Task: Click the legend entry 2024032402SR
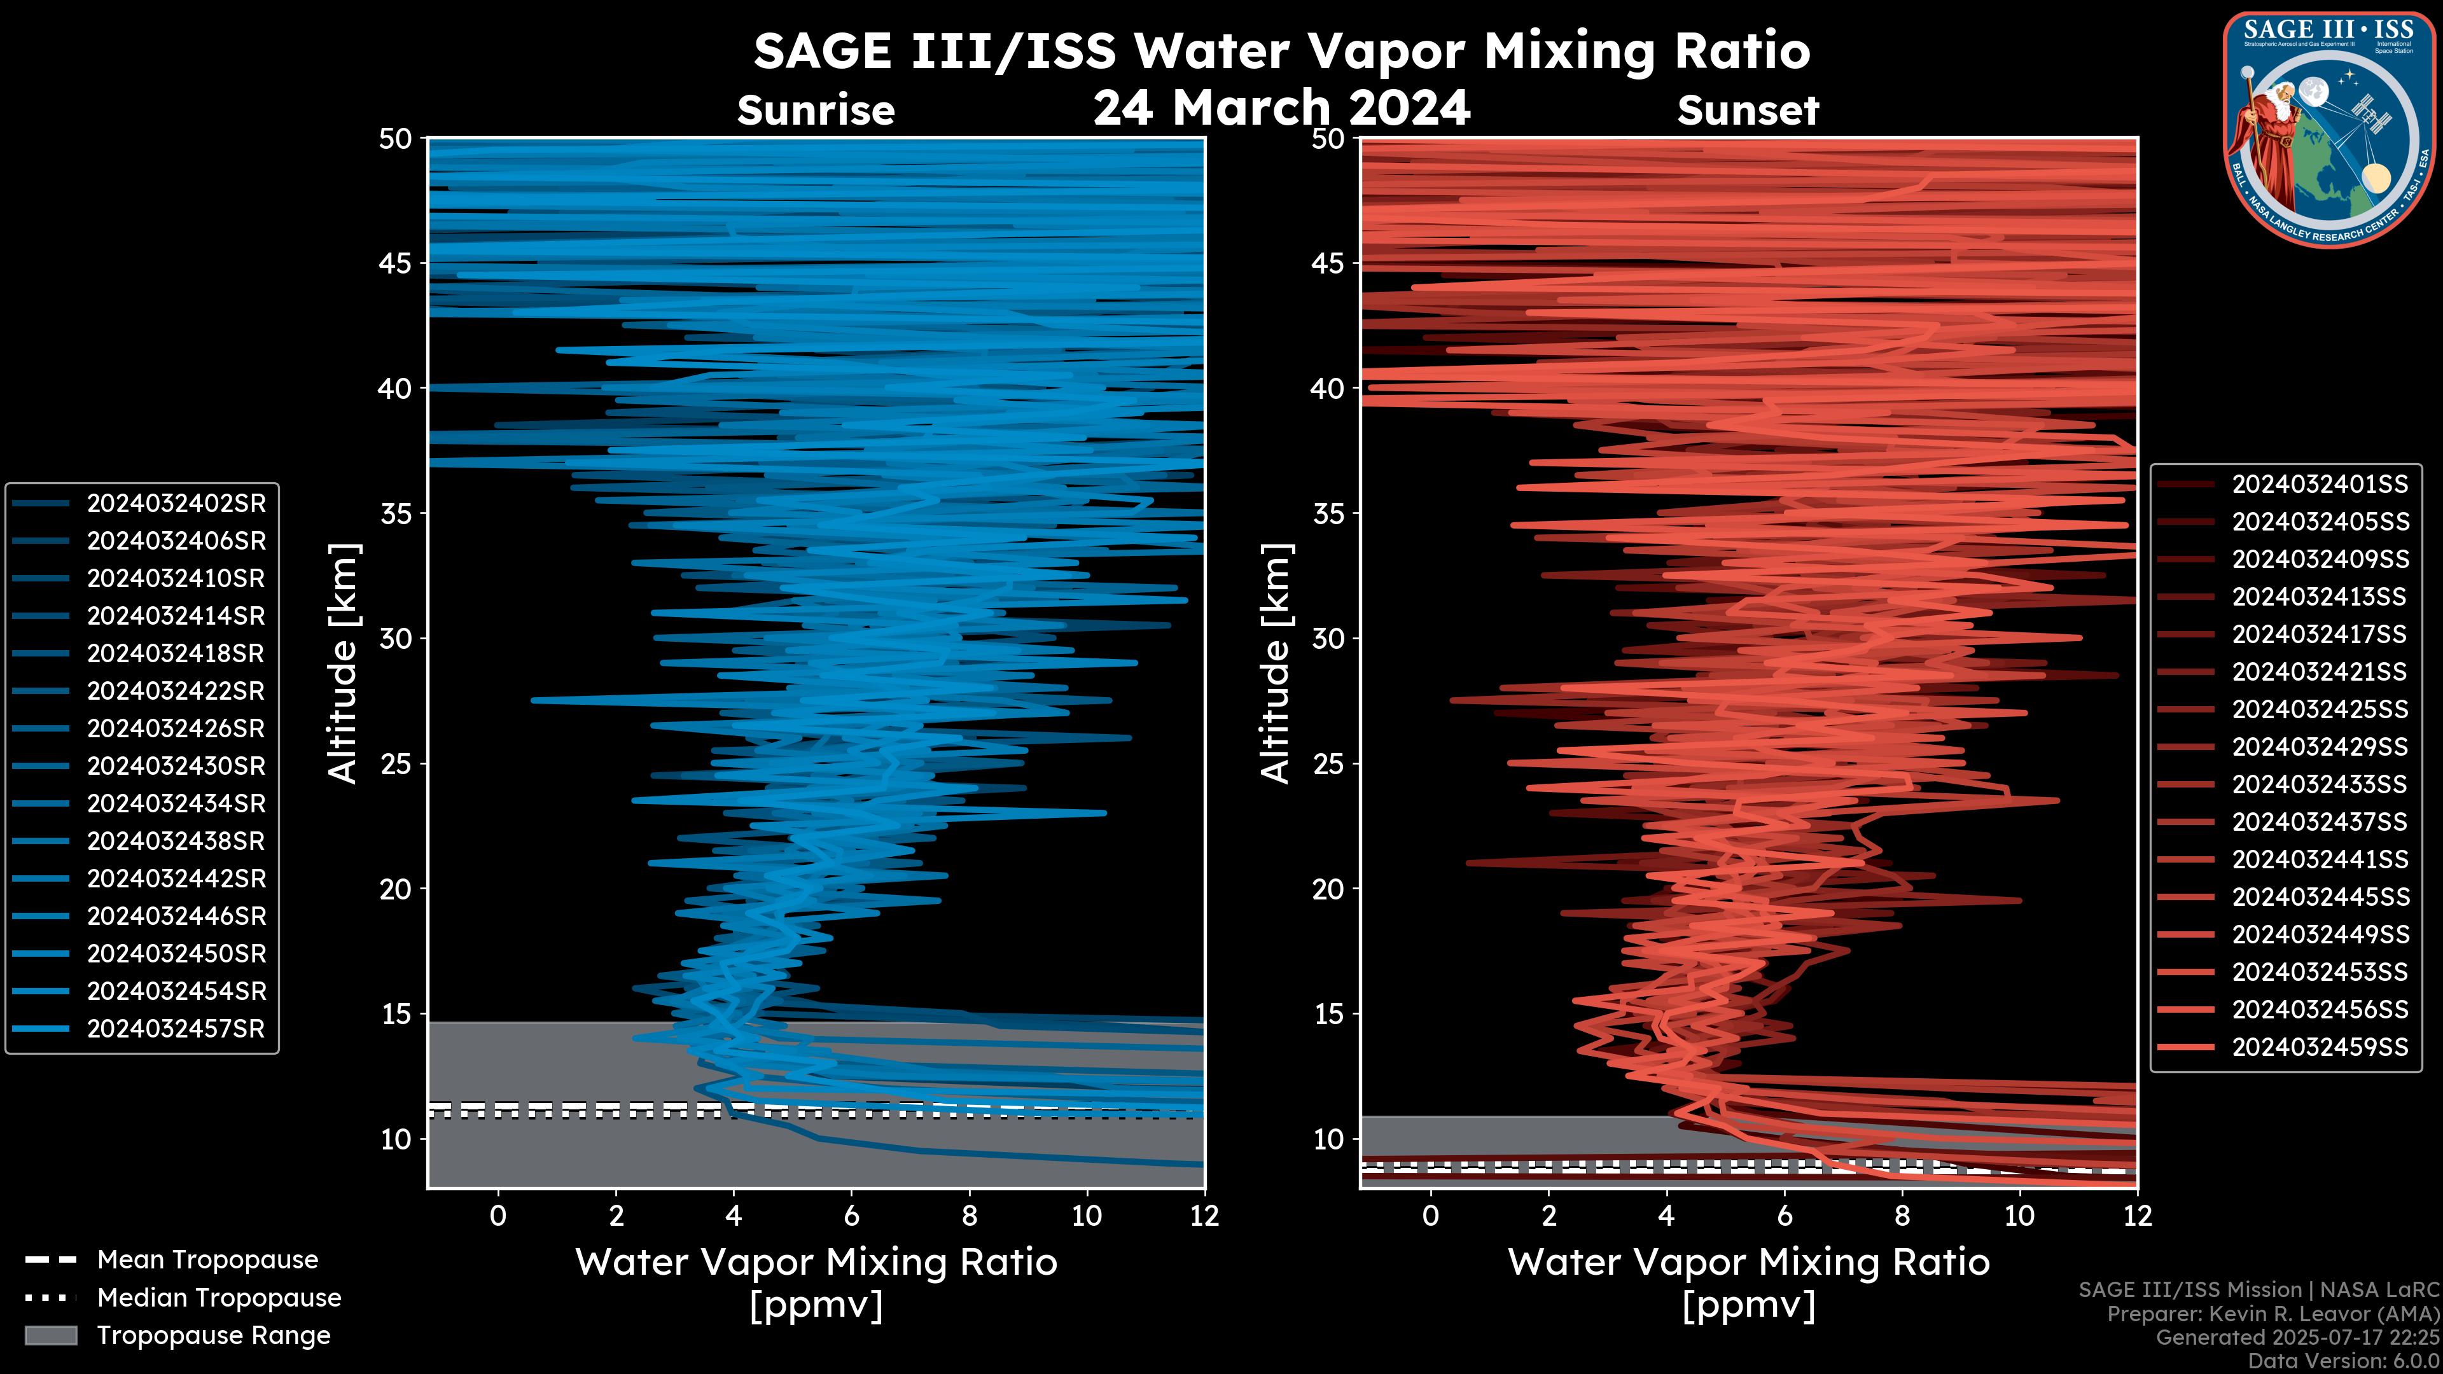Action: pyautogui.click(x=176, y=504)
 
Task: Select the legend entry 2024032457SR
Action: pyautogui.click(x=176, y=1029)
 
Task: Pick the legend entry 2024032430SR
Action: pyautogui.click(x=176, y=766)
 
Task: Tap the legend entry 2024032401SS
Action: pyautogui.click(x=2319, y=485)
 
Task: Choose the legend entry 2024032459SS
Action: pyautogui.click(x=2319, y=1047)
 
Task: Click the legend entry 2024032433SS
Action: pyautogui.click(x=2319, y=784)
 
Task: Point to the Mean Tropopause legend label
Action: pyautogui.click(x=207, y=1259)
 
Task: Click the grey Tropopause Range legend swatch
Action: pyautogui.click(x=50, y=1335)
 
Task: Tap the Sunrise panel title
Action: pyautogui.click(x=816, y=111)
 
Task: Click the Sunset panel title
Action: pyautogui.click(x=1748, y=111)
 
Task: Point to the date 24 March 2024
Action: pyautogui.click(x=1281, y=107)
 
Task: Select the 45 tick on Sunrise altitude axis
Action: pyautogui.click(x=396, y=263)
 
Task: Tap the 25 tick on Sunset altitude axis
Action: pyautogui.click(x=1328, y=764)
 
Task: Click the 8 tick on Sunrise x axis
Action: pyautogui.click(x=968, y=1216)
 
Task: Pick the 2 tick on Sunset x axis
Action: pyautogui.click(x=1549, y=1216)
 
